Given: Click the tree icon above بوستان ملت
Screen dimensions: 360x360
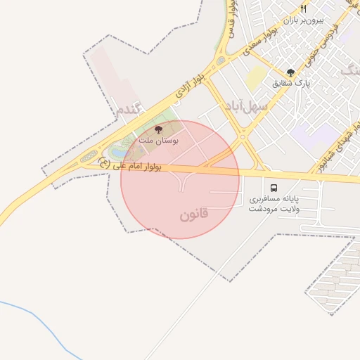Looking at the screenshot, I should point(157,129).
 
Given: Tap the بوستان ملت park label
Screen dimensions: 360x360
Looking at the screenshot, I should point(158,141).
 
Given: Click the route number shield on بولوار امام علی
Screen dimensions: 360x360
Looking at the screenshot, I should point(105,163).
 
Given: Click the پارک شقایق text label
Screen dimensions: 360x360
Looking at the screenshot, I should point(292,83).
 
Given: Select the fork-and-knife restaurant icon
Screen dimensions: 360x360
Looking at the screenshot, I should point(304,9).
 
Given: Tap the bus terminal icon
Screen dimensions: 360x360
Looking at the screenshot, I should point(274,188).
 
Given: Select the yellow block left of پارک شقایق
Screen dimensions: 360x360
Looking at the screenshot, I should point(256,77).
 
